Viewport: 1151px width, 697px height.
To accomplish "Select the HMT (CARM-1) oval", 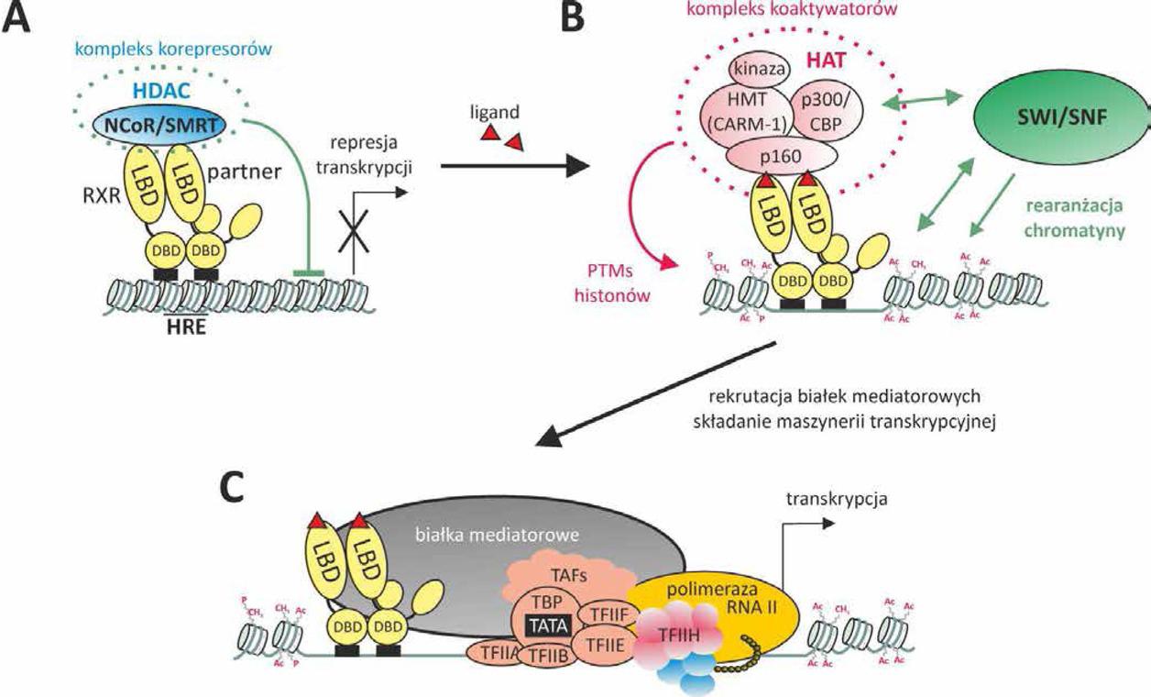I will click(x=755, y=112).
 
